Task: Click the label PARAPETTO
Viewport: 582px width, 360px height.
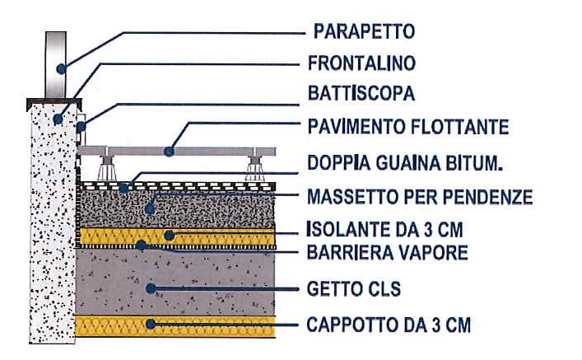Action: point(364,31)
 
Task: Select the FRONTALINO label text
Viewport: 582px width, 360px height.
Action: point(361,63)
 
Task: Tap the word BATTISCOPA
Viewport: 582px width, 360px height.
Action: point(361,93)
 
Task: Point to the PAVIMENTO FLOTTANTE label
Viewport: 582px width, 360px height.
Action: point(408,127)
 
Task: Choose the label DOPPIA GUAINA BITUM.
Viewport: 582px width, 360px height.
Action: point(405,163)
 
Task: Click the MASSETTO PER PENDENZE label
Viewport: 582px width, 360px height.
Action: point(420,197)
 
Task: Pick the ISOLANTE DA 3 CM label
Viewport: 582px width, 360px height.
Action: point(385,229)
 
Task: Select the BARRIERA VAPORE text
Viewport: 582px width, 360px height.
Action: point(387,253)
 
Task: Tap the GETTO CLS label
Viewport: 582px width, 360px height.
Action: point(354,288)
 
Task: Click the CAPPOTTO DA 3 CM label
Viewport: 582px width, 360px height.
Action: point(389,325)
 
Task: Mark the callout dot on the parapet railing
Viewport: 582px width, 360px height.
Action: point(61,68)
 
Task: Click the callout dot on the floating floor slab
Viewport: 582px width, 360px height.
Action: point(169,152)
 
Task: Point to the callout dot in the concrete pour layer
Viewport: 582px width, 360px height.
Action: point(151,288)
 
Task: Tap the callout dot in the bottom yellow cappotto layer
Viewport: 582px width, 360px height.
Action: point(151,324)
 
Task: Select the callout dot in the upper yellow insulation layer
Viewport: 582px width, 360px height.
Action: point(169,235)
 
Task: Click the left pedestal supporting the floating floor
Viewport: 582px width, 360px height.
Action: point(107,168)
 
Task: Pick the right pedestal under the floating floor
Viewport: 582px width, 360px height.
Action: point(255,168)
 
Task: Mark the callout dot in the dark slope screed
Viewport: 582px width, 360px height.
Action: point(149,209)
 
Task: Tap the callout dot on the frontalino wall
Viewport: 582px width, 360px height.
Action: point(58,119)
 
